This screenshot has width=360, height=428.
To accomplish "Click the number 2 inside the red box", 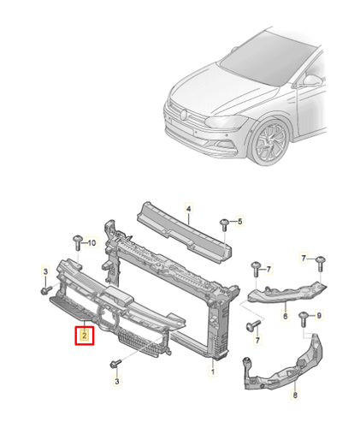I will pos(85,336).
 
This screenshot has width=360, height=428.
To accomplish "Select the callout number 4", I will pos(190,207).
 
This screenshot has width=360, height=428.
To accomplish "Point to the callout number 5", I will pos(240,222).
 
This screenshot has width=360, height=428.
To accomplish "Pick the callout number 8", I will pos(295,395).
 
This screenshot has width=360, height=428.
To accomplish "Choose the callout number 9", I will pos(322,317).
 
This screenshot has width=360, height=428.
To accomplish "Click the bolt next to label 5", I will pos(224,223).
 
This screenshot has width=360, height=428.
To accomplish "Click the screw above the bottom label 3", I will pos(114,366).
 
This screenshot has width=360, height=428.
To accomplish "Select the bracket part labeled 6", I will pos(286,291).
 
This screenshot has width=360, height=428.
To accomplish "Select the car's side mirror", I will pos(312,81).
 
